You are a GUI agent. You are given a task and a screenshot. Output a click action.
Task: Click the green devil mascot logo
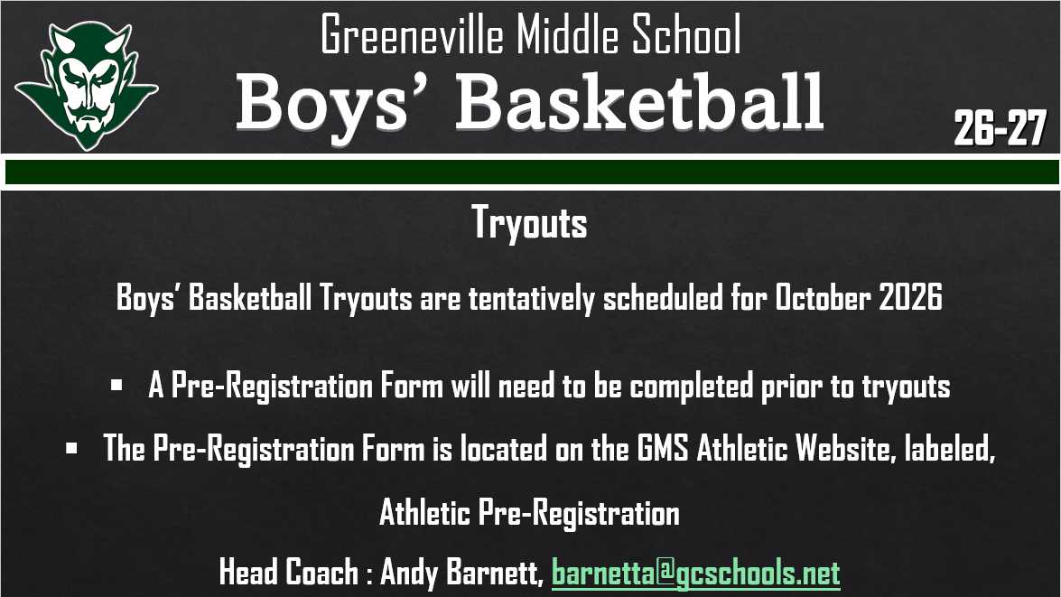point(86,86)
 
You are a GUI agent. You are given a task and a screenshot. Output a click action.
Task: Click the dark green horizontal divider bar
point(530,173)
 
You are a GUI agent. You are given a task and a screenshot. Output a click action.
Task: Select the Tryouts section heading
point(530,223)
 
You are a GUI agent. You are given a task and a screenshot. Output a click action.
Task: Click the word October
point(824,299)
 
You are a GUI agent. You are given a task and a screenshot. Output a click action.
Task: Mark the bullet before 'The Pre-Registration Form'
point(71,447)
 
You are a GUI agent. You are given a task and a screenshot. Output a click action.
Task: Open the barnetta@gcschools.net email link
point(695,573)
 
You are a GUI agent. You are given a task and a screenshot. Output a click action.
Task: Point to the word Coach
point(322,573)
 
